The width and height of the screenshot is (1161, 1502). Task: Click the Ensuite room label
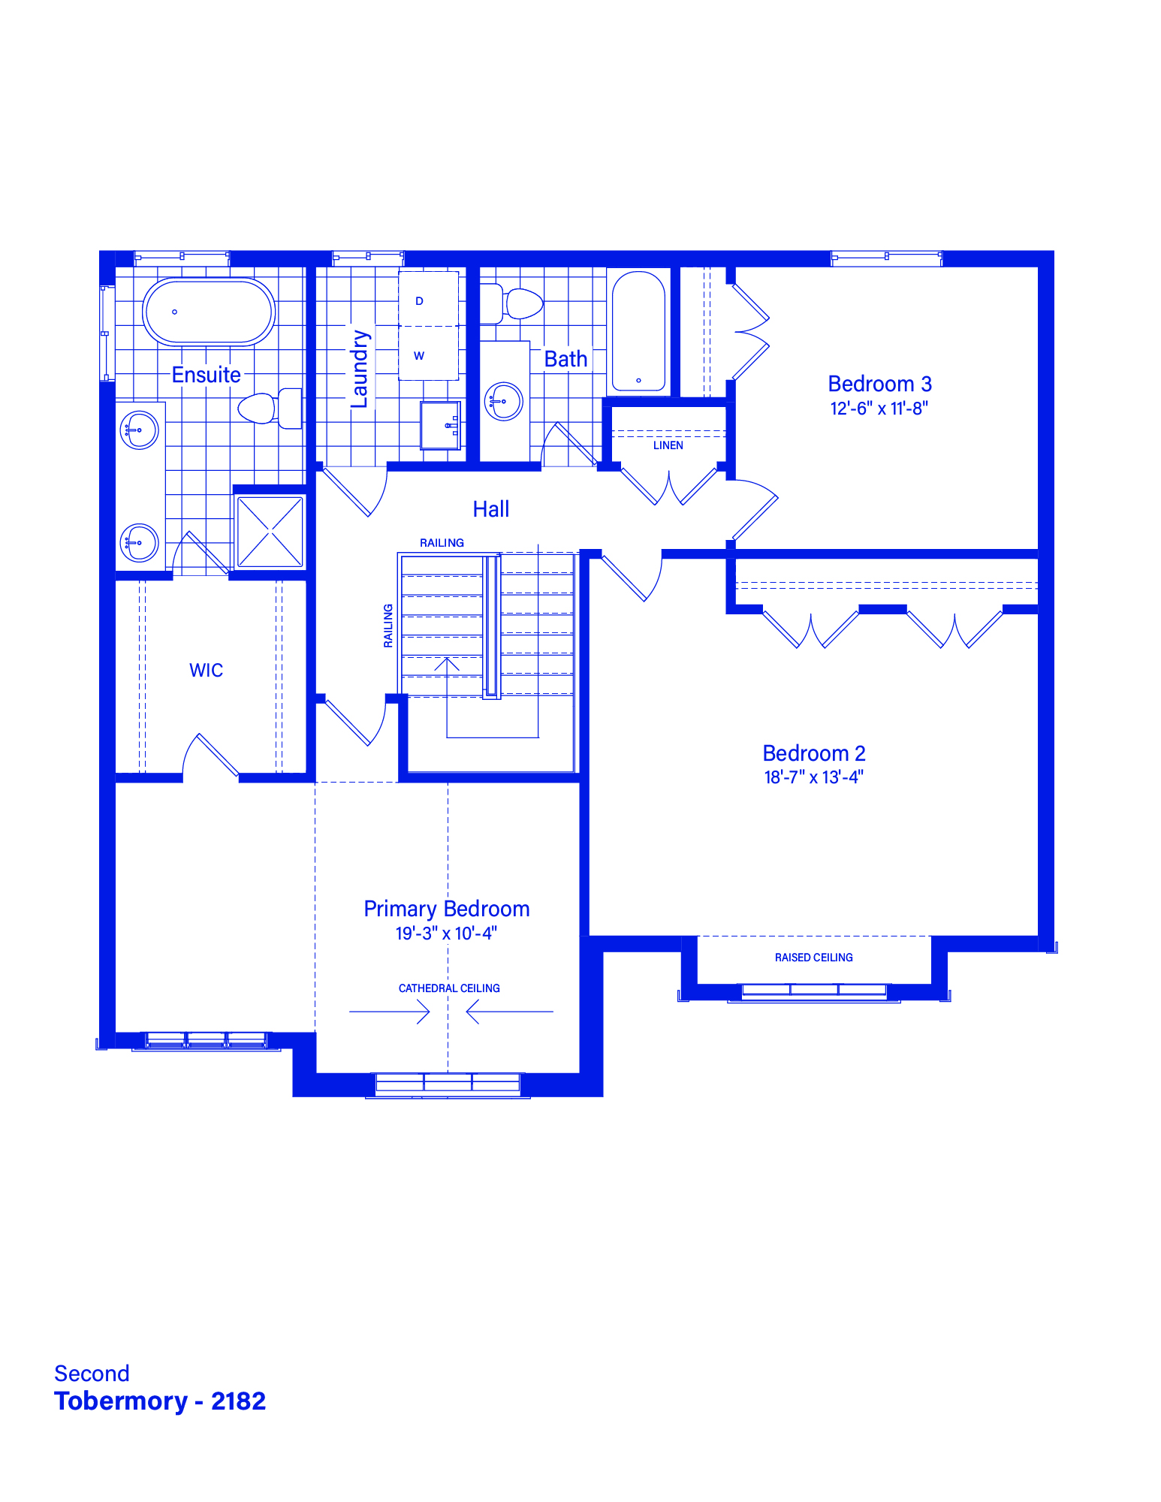(207, 375)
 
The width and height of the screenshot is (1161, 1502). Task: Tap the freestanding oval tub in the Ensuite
(209, 312)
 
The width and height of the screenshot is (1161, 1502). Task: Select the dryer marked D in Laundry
(428, 299)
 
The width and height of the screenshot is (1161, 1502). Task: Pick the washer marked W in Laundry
(428, 353)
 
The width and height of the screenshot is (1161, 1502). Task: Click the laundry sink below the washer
(440, 425)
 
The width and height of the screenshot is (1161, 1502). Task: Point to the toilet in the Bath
(512, 303)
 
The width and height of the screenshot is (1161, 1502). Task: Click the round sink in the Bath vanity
(504, 401)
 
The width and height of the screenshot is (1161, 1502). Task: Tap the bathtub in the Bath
(638, 331)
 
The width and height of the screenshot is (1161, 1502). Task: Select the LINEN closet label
(668, 445)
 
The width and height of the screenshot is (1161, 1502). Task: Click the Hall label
(491, 509)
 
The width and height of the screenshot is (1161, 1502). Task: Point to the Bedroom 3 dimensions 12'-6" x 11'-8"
(879, 409)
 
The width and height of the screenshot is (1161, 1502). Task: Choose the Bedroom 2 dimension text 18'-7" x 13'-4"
(814, 777)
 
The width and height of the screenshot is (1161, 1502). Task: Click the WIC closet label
(207, 670)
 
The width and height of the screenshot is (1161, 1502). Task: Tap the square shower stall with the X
(270, 532)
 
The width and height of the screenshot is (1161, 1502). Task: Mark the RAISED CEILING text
(814, 958)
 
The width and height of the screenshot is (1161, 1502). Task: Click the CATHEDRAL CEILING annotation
(449, 988)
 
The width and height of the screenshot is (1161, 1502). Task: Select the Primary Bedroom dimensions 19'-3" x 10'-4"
(447, 933)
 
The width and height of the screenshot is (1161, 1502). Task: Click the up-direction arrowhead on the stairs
(447, 664)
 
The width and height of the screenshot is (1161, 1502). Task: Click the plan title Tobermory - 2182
(160, 1401)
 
